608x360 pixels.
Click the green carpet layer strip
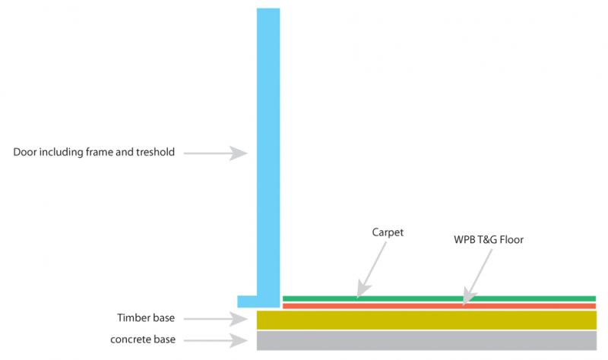[439, 298]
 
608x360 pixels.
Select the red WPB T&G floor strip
[439, 306]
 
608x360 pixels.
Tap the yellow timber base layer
[426, 319]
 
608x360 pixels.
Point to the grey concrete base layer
[426, 340]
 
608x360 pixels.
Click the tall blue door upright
[268, 152]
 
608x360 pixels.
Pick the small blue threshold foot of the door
[248, 301]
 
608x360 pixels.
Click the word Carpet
[388, 232]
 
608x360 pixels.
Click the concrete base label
[144, 339]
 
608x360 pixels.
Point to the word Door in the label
[25, 153]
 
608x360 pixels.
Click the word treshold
[154, 153]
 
